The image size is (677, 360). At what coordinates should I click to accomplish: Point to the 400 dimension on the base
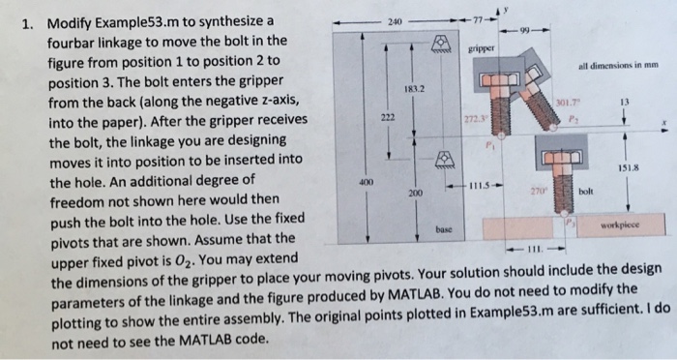(365, 182)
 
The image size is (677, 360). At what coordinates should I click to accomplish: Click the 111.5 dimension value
(482, 185)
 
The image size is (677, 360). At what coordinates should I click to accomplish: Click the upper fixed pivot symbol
(440, 42)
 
